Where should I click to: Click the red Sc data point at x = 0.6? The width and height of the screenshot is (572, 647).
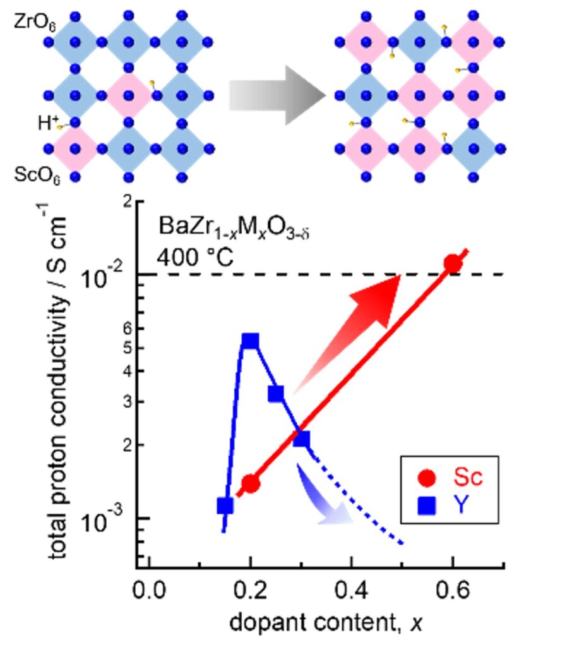pos(452,263)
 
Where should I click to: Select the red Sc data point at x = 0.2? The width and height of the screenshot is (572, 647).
pos(251,483)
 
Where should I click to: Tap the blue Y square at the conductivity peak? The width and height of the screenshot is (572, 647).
pos(251,341)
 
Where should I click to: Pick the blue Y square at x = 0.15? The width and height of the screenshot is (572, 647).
pos(225,505)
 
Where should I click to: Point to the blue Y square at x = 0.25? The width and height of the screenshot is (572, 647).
pos(276,394)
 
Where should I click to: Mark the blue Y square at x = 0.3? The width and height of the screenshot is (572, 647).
pos(302,438)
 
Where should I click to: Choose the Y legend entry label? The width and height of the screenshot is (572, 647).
pos(462,505)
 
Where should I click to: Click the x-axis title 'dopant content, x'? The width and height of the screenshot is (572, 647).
pos(325,624)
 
